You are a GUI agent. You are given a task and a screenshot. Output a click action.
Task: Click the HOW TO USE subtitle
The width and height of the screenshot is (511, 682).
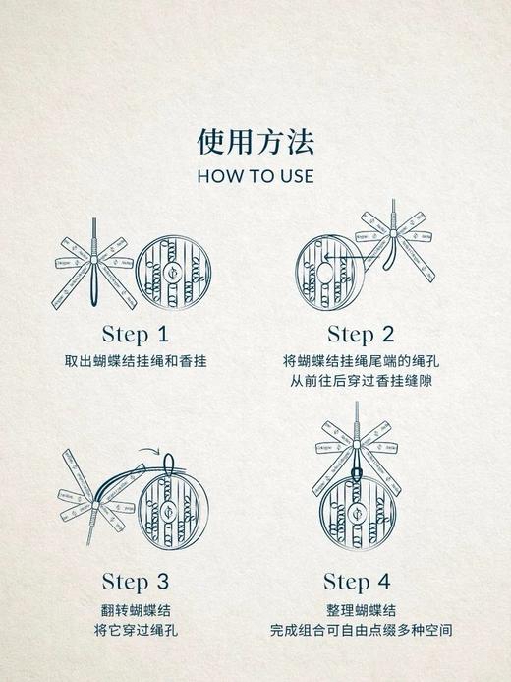(x=255, y=176)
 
